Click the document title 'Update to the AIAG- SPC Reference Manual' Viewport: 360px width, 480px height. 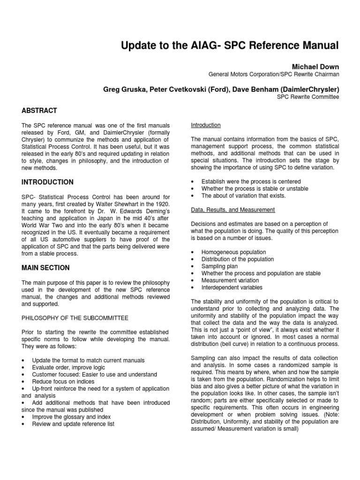pos(229,45)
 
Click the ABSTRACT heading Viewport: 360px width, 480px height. pos(39,111)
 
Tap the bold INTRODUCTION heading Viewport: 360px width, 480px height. pos(48,182)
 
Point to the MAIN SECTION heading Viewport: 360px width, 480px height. pos(45,268)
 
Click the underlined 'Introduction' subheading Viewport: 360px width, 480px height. pos(206,125)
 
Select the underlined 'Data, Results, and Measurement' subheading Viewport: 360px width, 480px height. pos(233,210)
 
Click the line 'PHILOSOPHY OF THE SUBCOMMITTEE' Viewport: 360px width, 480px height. pos(75,318)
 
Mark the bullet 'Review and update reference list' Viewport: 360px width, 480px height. pos(73,424)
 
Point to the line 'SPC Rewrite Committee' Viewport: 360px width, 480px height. pos(308,97)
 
